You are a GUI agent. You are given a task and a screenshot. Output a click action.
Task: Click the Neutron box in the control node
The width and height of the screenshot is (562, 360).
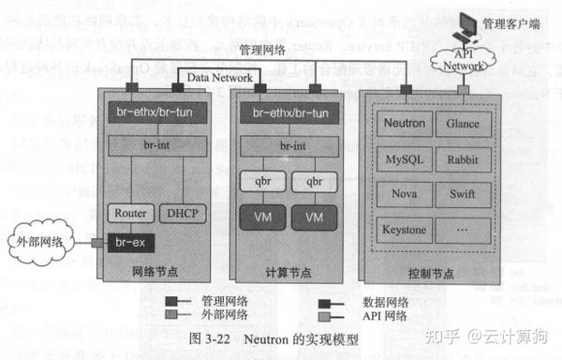404,124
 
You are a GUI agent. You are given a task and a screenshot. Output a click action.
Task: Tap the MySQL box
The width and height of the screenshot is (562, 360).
404,159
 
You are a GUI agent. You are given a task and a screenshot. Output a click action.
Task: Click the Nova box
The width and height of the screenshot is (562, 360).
404,195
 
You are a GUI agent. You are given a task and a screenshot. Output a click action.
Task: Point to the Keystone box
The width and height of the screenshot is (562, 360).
404,230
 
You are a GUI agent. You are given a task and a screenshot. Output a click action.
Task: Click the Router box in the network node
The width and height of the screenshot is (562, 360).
128,213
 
